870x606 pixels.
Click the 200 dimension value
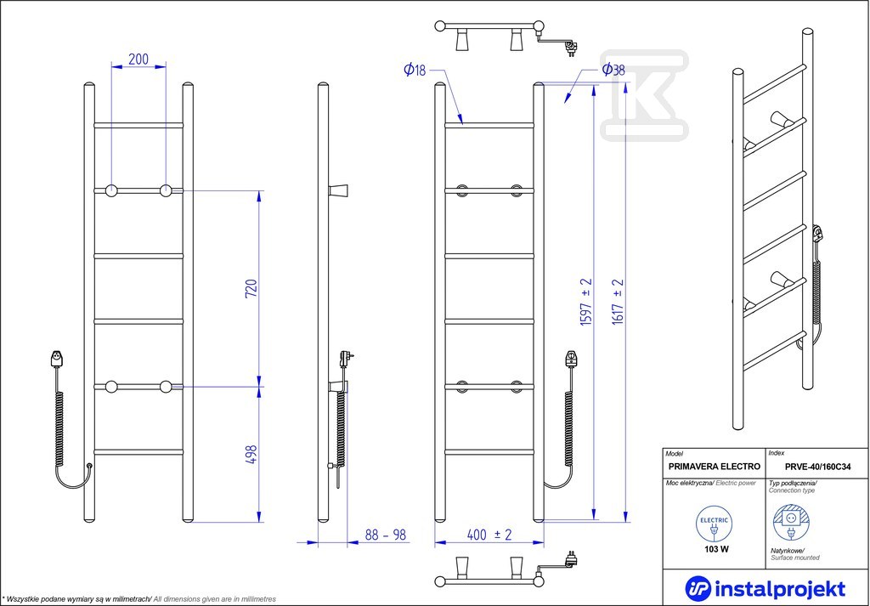[138, 59]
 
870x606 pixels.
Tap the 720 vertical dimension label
[251, 289]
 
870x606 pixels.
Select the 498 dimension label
[251, 455]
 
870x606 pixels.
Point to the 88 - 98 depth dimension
[386, 535]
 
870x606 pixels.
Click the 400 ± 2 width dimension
[489, 535]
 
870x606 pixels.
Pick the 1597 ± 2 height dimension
[586, 302]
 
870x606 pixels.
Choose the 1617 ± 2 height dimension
[619, 302]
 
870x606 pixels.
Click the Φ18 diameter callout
[415, 70]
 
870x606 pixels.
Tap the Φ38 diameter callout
[613, 70]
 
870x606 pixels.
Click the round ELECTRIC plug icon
[714, 524]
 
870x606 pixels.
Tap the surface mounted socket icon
[790, 522]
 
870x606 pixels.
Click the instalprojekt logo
[765, 588]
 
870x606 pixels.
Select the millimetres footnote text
[138, 599]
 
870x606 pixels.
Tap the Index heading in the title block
[777, 453]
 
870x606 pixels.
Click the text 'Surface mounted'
[795, 558]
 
